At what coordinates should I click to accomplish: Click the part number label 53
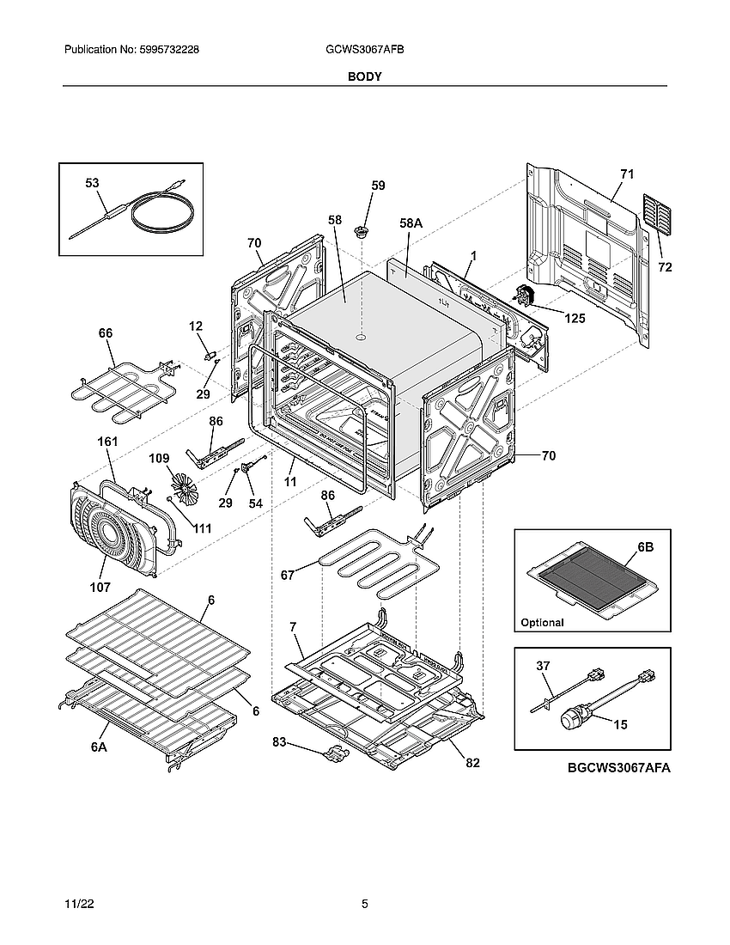click(x=92, y=183)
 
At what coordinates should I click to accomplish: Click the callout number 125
click(x=575, y=319)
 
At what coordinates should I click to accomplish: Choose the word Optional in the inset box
click(x=542, y=623)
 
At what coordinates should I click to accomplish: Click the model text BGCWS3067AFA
click(x=618, y=769)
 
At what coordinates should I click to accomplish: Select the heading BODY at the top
click(x=364, y=76)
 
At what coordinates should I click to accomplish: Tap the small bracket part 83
click(x=333, y=755)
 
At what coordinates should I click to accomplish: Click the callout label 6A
click(x=100, y=748)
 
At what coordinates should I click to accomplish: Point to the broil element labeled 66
click(x=120, y=384)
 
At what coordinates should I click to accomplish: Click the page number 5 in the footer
click(x=364, y=905)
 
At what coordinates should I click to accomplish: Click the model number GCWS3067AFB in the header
click(x=360, y=51)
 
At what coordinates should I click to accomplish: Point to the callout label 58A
click(x=411, y=223)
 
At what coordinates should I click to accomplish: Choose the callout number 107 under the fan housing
click(x=100, y=588)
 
